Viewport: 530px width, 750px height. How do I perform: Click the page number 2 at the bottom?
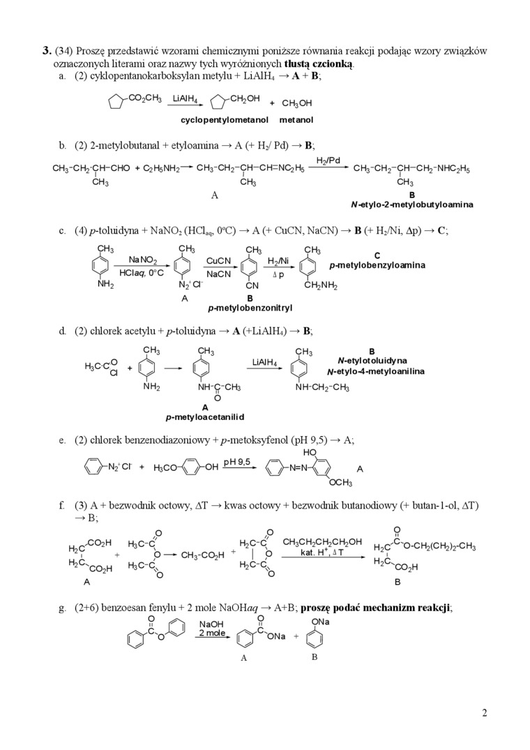point(484,712)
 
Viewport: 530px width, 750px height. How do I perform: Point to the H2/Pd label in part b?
point(328,160)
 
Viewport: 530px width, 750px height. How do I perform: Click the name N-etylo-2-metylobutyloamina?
point(411,204)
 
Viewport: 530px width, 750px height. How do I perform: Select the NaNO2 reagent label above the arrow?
point(143,260)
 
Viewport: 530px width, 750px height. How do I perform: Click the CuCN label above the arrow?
point(218,260)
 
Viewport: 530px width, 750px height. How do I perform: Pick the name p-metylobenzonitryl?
point(250,307)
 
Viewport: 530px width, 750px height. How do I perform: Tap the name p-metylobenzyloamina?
point(377,265)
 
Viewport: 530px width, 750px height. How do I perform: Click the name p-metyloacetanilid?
point(204,417)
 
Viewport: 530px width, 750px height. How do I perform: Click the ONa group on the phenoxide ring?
point(321,622)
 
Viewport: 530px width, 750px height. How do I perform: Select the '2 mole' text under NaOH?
point(212,633)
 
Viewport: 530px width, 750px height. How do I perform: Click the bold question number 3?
point(47,50)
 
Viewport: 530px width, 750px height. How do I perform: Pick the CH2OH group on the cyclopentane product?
point(244,98)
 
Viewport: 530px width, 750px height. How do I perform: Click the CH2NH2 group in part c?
point(321,285)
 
